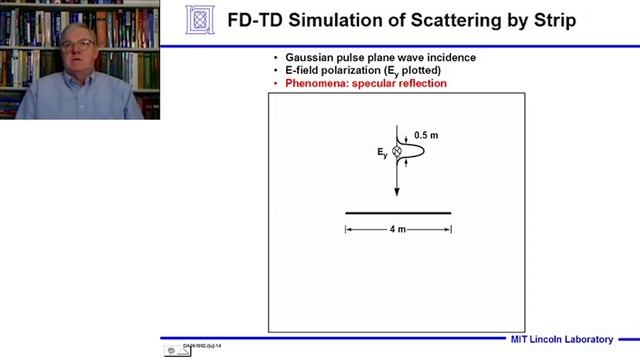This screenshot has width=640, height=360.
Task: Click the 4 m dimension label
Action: tap(397, 230)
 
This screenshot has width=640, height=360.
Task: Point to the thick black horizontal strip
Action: tap(398, 213)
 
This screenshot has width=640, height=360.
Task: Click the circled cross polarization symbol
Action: tap(396, 151)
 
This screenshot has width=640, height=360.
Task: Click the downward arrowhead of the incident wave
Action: tap(397, 191)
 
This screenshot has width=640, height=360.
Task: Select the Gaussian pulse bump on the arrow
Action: tap(412, 151)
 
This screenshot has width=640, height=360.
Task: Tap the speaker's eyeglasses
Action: tap(80, 45)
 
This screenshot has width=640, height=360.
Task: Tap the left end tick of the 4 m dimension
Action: tap(346, 230)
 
